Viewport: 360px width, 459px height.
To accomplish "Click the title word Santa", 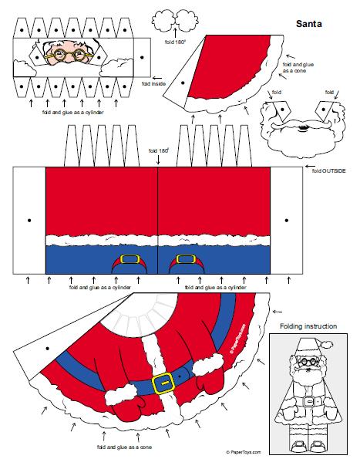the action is [x=309, y=24].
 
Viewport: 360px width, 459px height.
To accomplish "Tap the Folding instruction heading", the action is [x=308, y=326].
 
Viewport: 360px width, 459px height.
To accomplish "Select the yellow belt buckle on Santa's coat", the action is [x=163, y=383].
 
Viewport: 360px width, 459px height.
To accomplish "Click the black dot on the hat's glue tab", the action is [x=183, y=83].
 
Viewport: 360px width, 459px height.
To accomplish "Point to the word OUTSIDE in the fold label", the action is [x=334, y=170].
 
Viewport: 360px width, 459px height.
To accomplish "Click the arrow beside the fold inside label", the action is [x=157, y=78].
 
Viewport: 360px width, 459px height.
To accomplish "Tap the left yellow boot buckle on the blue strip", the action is [x=130, y=259].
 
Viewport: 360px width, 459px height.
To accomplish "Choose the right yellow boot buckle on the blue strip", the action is [x=186, y=259].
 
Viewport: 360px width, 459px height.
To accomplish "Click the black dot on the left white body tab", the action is [x=29, y=220].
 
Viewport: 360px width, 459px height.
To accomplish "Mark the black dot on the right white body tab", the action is [x=287, y=220].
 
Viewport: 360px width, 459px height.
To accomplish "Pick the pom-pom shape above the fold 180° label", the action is [x=175, y=20].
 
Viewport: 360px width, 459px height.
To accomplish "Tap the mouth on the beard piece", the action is [x=302, y=129].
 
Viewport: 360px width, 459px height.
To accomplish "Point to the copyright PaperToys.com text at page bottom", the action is [x=244, y=452].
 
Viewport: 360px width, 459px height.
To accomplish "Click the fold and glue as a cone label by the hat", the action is [x=298, y=68].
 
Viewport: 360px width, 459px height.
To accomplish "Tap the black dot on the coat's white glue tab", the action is [x=47, y=349].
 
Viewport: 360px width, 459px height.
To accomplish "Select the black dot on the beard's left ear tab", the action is [x=282, y=110].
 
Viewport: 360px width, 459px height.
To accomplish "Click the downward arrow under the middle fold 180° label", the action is [x=158, y=160].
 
